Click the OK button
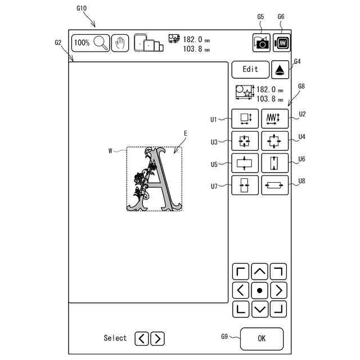tap(262, 339)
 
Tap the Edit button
tap(250, 69)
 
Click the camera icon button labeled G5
tap(262, 43)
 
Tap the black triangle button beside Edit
tap(280, 70)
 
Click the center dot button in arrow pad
tap(259, 290)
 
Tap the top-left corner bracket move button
tap(241, 272)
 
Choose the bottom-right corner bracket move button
tap(278, 308)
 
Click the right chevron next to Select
tap(158, 338)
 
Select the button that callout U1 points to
tap(245, 118)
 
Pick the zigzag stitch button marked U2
tap(274, 118)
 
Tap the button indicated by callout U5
tap(245, 163)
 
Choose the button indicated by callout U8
tap(274, 185)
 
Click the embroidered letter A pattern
tap(154, 179)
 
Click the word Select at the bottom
tap(115, 338)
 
